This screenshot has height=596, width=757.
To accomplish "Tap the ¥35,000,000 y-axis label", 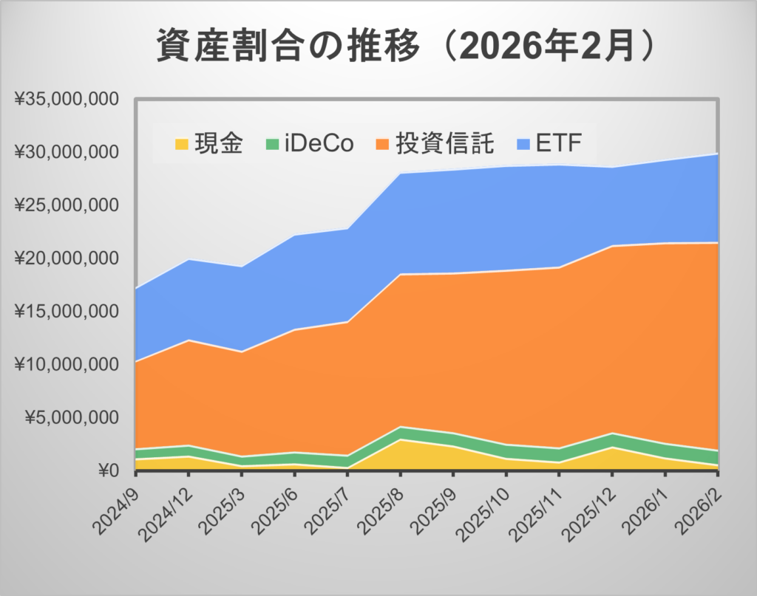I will point(67,99).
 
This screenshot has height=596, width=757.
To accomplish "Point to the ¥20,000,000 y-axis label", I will point(67,258).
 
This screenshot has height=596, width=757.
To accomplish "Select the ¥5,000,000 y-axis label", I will point(72,417).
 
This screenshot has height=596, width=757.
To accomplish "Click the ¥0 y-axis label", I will point(110,470).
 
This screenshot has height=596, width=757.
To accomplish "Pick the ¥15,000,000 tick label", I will point(67,312).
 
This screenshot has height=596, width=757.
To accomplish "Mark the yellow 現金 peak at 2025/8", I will point(400,440).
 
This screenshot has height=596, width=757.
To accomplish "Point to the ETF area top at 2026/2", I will point(716,154).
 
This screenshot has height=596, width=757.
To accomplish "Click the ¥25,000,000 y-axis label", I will point(67,205).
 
